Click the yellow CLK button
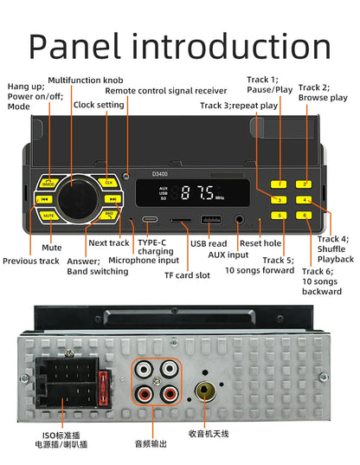pyautogui.click(x=108, y=182)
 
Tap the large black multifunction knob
pyautogui.click(x=78, y=198)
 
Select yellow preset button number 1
pyautogui.click(x=279, y=184)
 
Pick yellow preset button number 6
pyautogui.click(x=304, y=216)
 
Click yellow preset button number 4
pyautogui.click(x=304, y=199)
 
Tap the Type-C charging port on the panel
pyautogui.click(x=150, y=219)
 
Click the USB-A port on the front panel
pyautogui.click(x=211, y=220)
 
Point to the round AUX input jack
pyautogui.click(x=239, y=220)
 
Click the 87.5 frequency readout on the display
pyautogui.click(x=197, y=193)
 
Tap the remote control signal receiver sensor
pyautogui.click(x=126, y=176)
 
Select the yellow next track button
pyautogui.click(x=112, y=199)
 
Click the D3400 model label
pyautogui.click(x=160, y=174)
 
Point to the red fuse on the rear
pyautogui.click(x=102, y=387)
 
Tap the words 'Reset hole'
pyautogui.click(x=260, y=243)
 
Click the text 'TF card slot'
pyautogui.click(x=187, y=275)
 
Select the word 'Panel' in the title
pyautogui.click(x=75, y=47)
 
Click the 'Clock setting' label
pyautogui.click(x=99, y=105)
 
